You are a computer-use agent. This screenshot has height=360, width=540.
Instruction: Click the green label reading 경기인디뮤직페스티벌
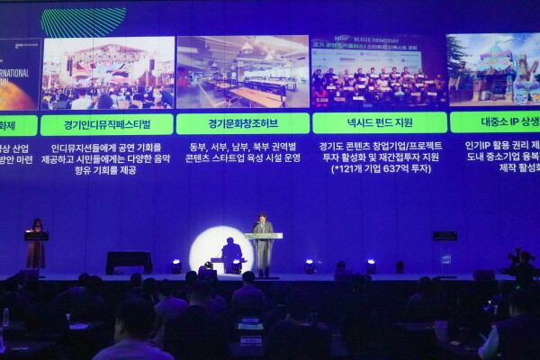click(x=107, y=123)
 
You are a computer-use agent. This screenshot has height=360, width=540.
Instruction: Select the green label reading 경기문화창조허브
click(x=242, y=123)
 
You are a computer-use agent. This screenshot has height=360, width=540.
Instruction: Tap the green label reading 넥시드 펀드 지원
click(x=378, y=122)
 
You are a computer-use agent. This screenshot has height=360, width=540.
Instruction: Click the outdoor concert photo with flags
click(x=107, y=74)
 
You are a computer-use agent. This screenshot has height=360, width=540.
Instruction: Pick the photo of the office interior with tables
click(x=242, y=73)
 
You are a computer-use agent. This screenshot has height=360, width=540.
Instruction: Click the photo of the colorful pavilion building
click(x=493, y=70)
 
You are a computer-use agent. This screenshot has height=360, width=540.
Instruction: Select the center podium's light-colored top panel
click(x=263, y=236)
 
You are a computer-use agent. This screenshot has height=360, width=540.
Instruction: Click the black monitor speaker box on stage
click(x=129, y=262)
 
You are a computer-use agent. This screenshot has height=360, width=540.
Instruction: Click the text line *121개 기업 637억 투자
click(x=380, y=169)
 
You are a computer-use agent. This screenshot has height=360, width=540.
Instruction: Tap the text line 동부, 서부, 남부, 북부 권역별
click(x=242, y=146)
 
